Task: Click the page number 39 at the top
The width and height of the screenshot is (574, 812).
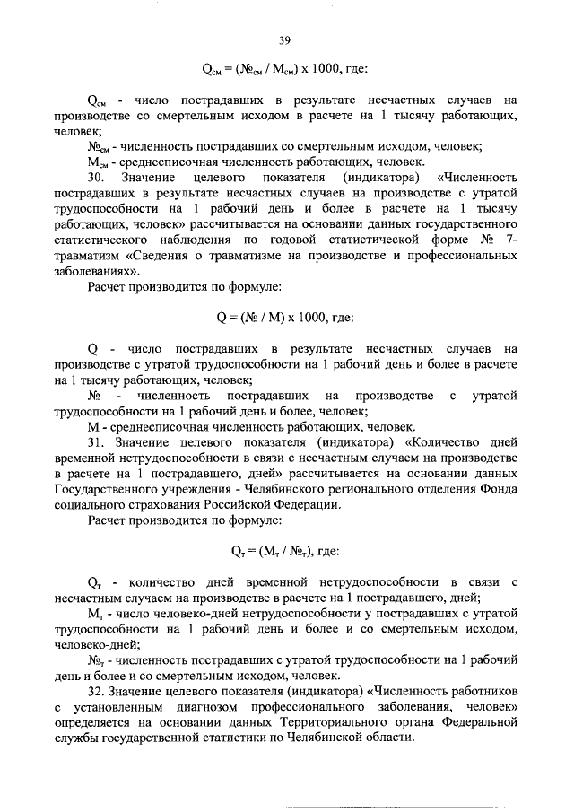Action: pos(285,39)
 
